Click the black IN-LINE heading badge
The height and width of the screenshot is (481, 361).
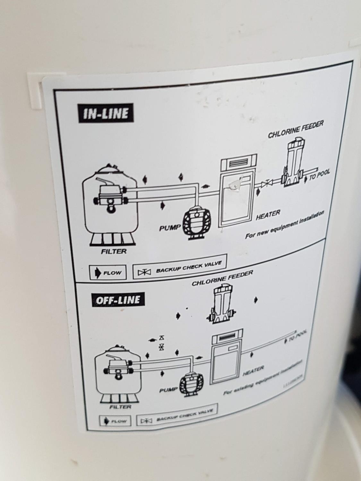(x=106, y=114)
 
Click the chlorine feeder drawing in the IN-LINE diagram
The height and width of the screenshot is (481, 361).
(x=293, y=164)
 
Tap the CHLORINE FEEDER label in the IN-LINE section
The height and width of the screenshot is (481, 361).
(x=296, y=129)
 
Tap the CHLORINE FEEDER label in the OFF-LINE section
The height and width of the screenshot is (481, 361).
(x=222, y=278)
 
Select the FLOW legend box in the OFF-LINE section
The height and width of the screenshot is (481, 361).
(x=115, y=420)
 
